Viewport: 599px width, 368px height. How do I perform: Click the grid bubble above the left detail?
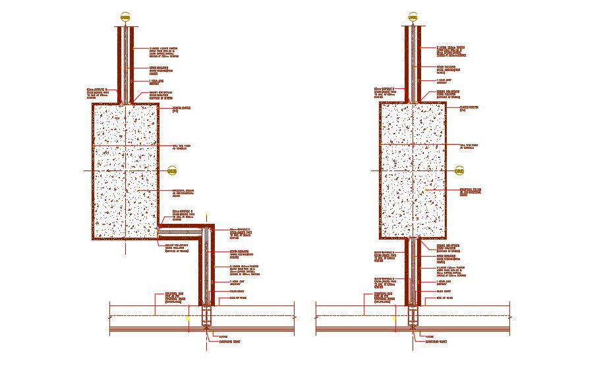(125, 16)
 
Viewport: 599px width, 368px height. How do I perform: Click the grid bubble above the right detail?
(413, 16)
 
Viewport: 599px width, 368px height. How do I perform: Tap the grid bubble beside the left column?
(173, 171)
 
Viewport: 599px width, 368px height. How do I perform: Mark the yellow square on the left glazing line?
(187, 317)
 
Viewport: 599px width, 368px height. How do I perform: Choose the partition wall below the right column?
(413, 270)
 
